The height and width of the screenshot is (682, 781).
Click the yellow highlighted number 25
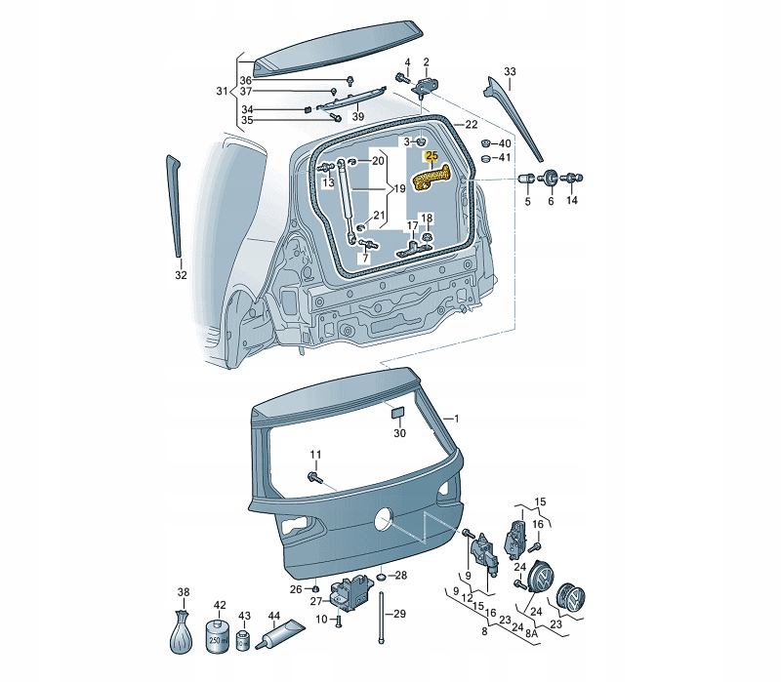coord(431,156)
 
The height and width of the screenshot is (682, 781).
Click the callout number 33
coord(509,72)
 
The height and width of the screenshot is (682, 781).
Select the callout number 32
coord(180,275)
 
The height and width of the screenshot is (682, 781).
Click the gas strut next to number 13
coord(346,200)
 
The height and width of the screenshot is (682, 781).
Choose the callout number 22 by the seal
coord(471,125)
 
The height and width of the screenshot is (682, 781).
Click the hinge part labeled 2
coord(425,85)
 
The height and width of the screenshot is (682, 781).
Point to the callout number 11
coord(315,455)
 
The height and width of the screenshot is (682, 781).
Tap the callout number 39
coord(358,117)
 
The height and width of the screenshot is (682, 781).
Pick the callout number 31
coord(221,92)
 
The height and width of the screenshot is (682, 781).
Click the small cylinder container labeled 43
coord(245,639)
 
